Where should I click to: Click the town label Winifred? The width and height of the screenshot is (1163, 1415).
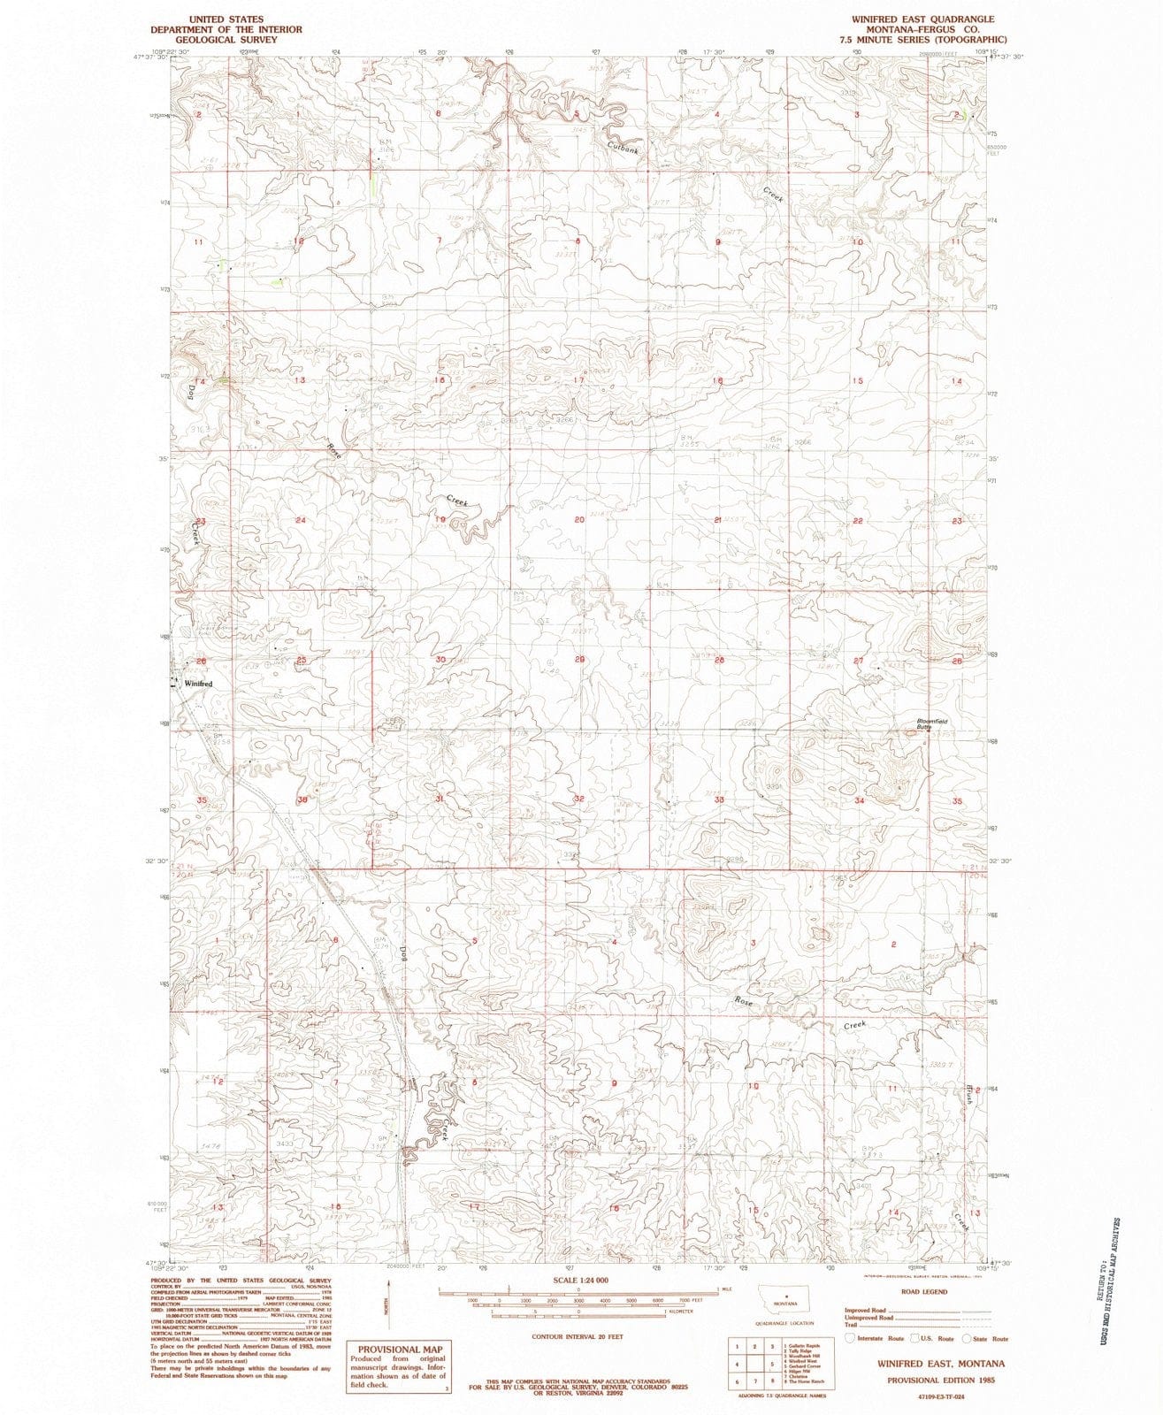click(199, 684)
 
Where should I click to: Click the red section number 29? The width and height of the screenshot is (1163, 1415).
click(579, 660)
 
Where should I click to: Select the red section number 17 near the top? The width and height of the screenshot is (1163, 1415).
click(578, 380)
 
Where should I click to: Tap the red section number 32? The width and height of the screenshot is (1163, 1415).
click(578, 799)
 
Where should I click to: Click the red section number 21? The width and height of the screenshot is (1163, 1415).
click(719, 520)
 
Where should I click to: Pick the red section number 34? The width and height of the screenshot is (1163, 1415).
click(859, 800)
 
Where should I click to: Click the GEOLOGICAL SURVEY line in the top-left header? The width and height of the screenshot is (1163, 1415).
click(226, 40)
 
